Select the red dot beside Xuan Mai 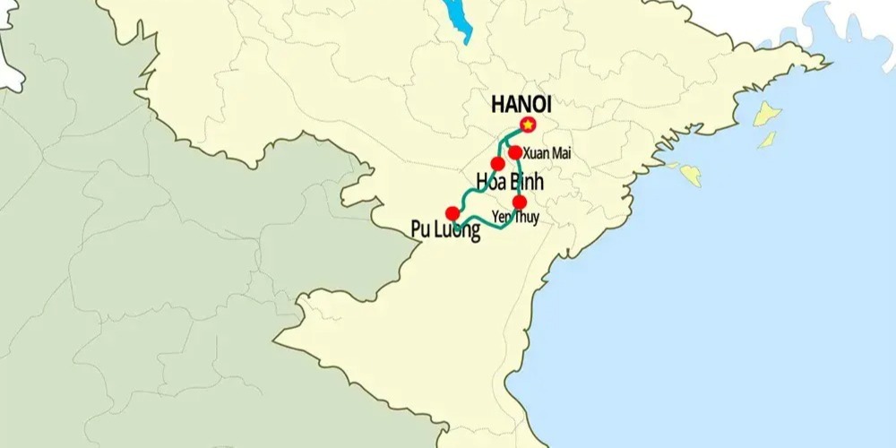515,152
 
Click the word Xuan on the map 536,154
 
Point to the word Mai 561,154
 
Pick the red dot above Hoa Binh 497,164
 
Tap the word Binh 521,182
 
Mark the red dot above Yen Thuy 520,202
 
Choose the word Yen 503,217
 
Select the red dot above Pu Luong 452,213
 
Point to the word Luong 459,230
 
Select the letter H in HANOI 498,103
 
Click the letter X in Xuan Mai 527,154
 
